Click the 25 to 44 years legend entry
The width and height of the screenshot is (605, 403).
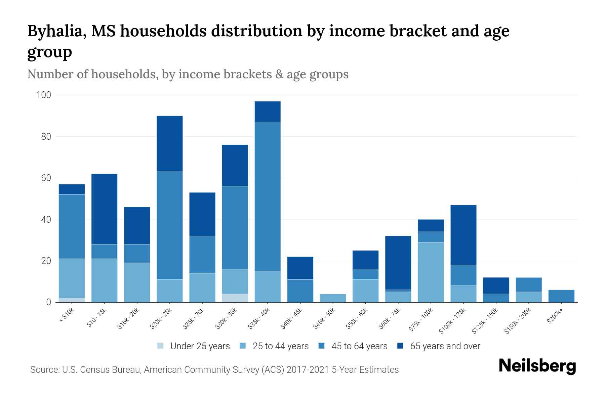[x=274, y=346]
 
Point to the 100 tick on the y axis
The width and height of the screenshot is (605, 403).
[x=43, y=95]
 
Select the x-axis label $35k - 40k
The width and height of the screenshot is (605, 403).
[x=259, y=319]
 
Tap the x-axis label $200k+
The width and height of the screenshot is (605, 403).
[x=555, y=317]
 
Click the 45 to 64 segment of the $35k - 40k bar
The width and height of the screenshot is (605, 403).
[x=268, y=196]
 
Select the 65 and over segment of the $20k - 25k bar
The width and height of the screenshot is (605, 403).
[x=169, y=144]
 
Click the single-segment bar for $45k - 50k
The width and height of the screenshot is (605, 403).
[x=333, y=298]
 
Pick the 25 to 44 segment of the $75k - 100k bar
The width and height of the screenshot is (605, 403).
[x=431, y=272]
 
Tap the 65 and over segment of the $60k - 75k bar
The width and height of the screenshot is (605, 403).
[x=398, y=263]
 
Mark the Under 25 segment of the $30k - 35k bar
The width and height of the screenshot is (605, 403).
[x=235, y=298]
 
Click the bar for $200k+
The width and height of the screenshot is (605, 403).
[x=561, y=296]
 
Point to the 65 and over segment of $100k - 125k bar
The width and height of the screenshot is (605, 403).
[x=463, y=235]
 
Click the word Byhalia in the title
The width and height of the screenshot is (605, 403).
[x=54, y=31]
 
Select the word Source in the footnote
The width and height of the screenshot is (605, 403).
[x=44, y=370]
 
